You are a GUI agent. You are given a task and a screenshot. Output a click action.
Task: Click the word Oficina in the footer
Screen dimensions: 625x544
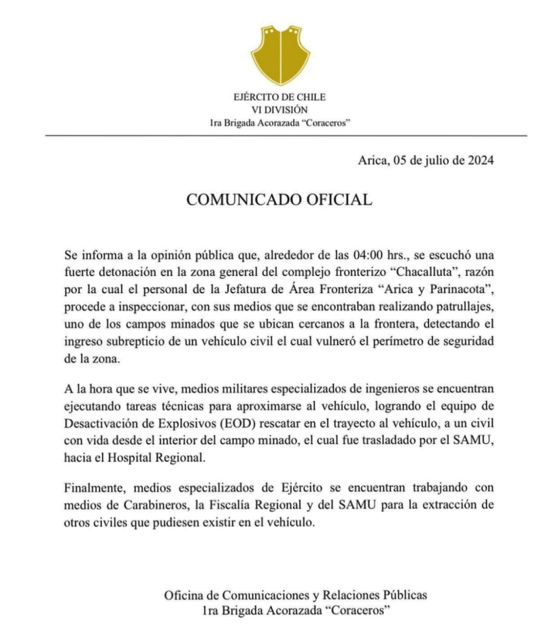coord(184,595)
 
